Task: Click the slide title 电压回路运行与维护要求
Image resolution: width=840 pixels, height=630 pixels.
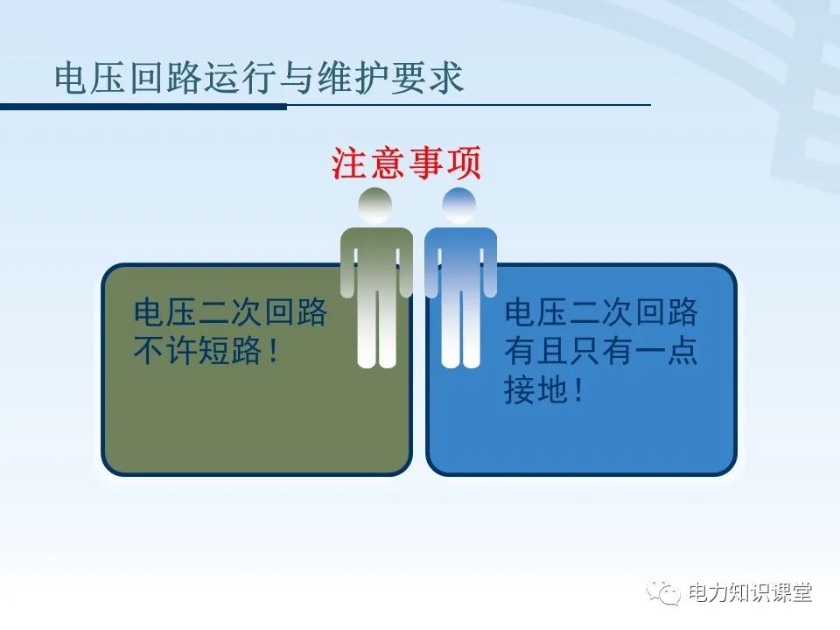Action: pyautogui.click(x=259, y=78)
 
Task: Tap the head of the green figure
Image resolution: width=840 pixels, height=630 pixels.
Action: pyautogui.click(x=375, y=205)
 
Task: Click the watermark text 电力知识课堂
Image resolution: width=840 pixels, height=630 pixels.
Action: pyautogui.click(x=751, y=593)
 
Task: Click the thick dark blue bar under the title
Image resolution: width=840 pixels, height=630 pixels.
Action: pyautogui.click(x=143, y=107)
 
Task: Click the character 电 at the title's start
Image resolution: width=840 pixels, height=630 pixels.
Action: pyautogui.click(x=70, y=78)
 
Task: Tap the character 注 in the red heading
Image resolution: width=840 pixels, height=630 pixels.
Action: pyautogui.click(x=349, y=163)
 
